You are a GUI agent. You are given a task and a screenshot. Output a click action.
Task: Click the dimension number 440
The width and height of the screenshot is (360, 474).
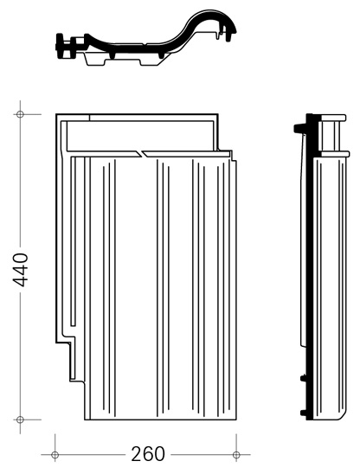(x=21, y=270)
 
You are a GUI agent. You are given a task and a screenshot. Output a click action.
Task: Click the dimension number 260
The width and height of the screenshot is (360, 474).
(x=148, y=454)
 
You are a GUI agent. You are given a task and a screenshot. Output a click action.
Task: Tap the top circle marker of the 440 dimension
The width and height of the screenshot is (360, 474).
(x=20, y=114)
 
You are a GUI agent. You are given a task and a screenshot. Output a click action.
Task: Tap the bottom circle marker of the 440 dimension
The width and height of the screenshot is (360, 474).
(x=20, y=420)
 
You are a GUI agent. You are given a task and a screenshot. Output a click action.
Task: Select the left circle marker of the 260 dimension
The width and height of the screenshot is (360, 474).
(x=55, y=454)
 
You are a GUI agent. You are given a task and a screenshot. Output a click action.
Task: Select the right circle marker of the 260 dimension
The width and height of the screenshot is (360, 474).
(x=236, y=454)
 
